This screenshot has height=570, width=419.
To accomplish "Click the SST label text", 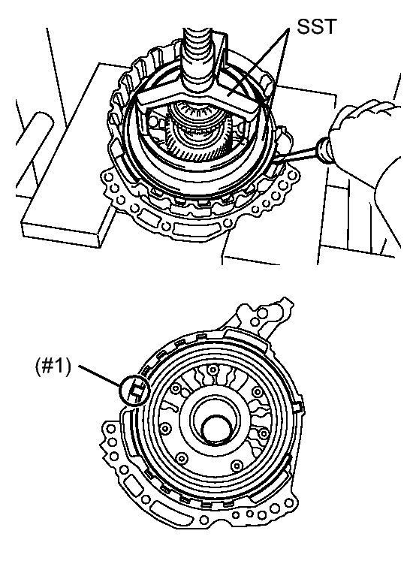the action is (x=317, y=27).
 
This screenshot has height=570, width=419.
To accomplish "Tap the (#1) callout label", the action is (x=53, y=366).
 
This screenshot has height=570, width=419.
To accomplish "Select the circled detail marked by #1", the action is (x=134, y=391).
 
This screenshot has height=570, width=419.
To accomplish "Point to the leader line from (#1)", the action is (x=100, y=375).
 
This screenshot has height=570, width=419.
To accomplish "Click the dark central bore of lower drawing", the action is (x=217, y=430).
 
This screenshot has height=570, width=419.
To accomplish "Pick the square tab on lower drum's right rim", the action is (x=298, y=407).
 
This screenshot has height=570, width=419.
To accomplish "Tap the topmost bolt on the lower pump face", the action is (x=213, y=369).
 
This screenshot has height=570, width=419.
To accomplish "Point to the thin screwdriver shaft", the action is (x=295, y=155).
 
